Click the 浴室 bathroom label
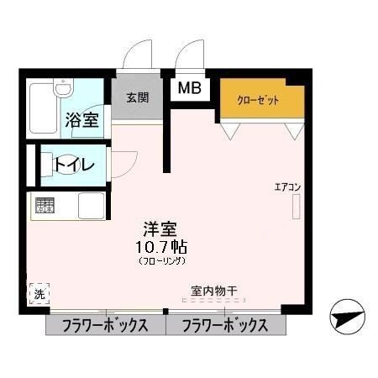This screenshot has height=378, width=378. tap(82, 120)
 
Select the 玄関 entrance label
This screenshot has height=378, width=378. tap(138, 97)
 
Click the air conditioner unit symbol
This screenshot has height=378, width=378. tap(296, 207)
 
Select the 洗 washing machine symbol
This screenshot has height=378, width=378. tap(39, 294)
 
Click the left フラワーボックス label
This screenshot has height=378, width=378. tap(105, 326)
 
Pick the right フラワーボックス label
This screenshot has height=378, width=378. tap(226, 326)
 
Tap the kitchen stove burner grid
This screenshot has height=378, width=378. tap(45, 204)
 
